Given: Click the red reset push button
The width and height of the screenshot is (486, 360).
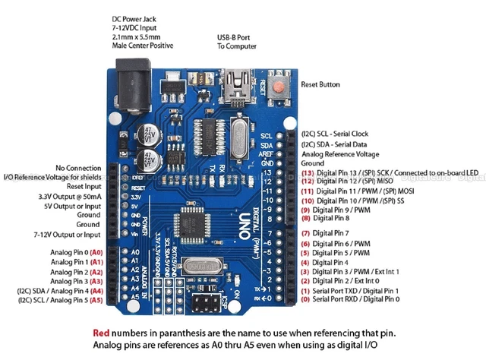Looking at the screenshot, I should (281, 86).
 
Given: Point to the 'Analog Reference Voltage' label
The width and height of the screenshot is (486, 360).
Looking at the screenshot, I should (340, 153).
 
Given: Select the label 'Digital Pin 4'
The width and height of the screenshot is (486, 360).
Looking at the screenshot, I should (325, 262).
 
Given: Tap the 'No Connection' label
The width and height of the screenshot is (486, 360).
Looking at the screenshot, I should (77, 167).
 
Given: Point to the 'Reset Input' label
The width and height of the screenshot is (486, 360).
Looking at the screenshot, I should (84, 186).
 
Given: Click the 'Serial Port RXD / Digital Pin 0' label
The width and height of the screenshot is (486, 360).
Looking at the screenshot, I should (350, 300).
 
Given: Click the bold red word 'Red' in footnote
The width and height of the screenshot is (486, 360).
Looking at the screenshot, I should (101, 333).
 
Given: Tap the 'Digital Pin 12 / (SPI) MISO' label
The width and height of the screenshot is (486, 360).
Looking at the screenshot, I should (349, 182).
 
